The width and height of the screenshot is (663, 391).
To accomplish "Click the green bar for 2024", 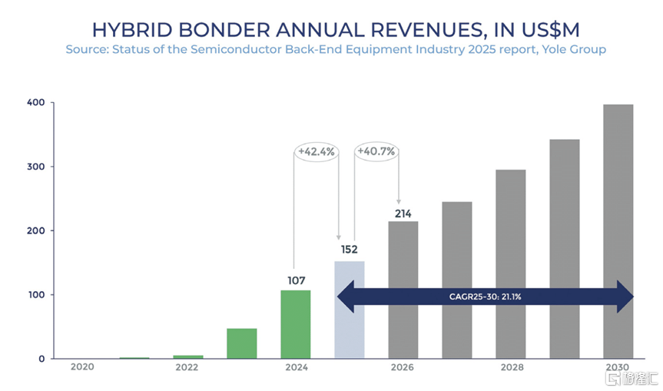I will click(x=296, y=324).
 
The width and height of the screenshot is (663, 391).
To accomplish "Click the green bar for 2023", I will click(x=242, y=343).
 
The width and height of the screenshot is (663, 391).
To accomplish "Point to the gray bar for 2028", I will click(x=511, y=264).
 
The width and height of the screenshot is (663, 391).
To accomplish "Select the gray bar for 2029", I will click(x=565, y=249).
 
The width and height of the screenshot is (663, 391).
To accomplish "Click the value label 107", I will click(x=296, y=281).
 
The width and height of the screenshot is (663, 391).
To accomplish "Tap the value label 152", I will click(x=350, y=249).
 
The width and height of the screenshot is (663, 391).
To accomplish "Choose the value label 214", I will click(x=403, y=214).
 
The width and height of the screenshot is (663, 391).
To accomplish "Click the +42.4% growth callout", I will click(x=316, y=151).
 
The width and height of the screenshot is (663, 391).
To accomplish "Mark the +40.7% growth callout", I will click(x=376, y=151).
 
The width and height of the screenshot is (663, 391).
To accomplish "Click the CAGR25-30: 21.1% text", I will click(x=484, y=297).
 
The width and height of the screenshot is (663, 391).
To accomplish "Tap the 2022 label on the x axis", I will click(x=187, y=368).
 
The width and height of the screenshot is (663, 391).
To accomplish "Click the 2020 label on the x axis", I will click(x=82, y=368).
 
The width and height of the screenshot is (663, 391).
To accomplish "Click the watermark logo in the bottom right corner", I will click(x=630, y=379).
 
